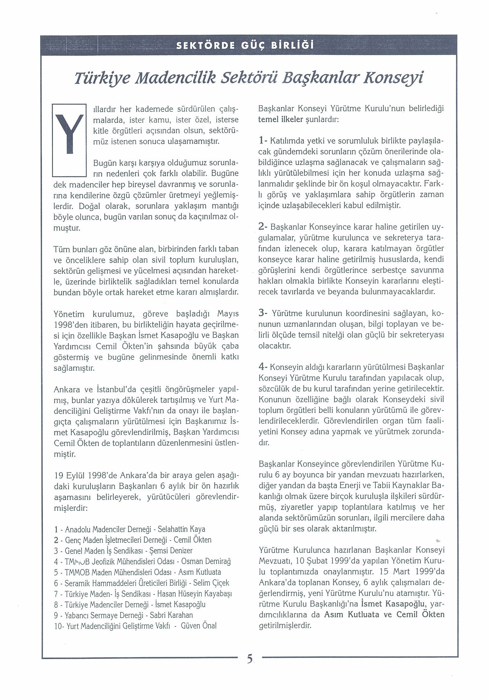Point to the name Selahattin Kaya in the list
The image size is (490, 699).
tap(181, 529)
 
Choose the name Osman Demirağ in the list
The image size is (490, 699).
tap(206, 561)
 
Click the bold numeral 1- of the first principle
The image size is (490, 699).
tap(262, 141)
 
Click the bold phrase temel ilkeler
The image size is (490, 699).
tap(280, 120)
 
